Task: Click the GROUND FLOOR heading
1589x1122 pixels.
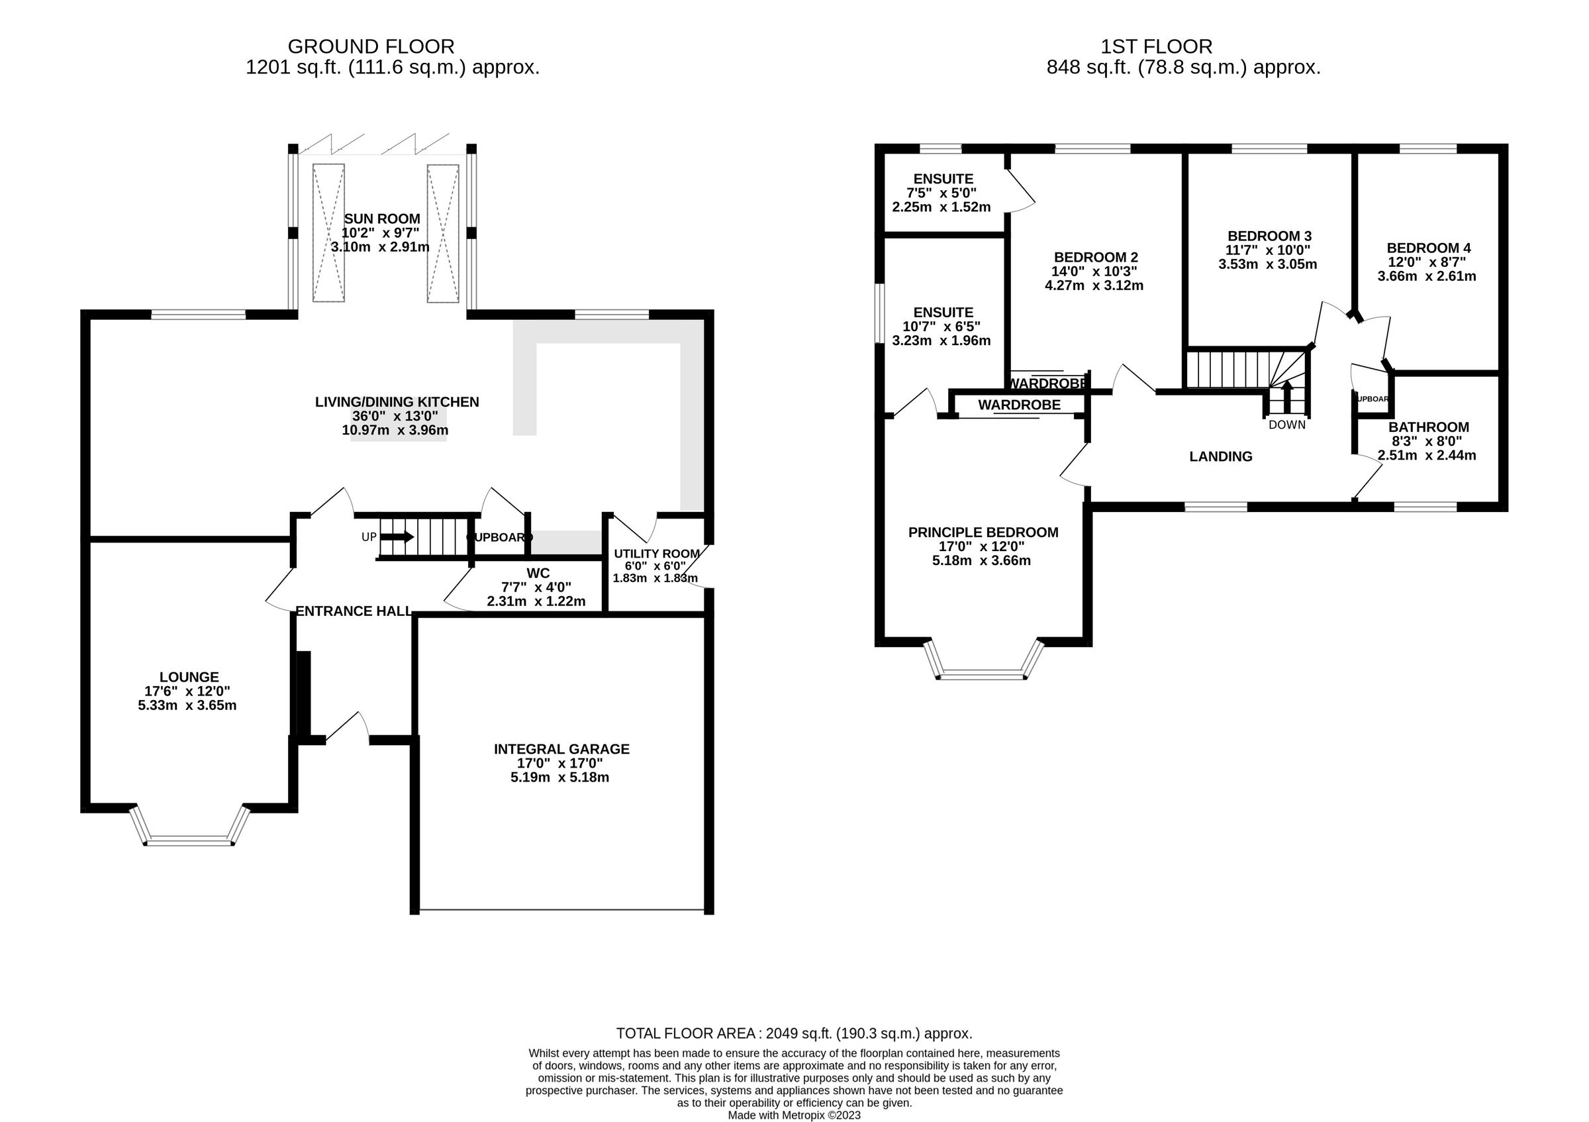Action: click(371, 46)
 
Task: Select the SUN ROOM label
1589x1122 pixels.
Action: click(382, 219)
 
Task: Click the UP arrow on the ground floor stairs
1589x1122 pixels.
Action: click(397, 536)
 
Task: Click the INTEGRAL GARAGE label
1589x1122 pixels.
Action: click(561, 749)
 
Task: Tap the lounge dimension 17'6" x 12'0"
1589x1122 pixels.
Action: click(187, 691)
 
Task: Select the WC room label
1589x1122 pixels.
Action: click(538, 573)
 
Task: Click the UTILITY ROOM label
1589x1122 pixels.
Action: click(657, 554)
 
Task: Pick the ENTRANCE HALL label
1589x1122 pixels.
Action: click(354, 611)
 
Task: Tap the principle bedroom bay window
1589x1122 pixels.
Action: click(983, 674)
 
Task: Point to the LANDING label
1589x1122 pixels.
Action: click(1221, 457)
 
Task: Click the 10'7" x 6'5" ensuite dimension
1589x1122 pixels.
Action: click(941, 327)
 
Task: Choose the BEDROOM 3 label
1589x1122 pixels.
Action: click(1269, 235)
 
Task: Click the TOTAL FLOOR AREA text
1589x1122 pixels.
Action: click(794, 1033)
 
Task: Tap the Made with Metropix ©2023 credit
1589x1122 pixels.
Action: click(794, 1116)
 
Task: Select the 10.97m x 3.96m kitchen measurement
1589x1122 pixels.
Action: click(395, 431)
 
